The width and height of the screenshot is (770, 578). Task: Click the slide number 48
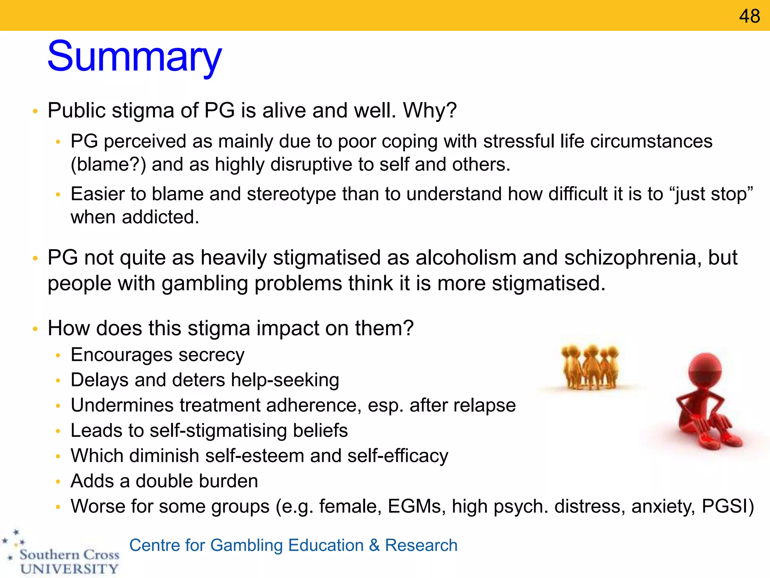point(749,16)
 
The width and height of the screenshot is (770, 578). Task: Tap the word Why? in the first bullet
point(430,111)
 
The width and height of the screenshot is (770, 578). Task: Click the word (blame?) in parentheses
point(108,165)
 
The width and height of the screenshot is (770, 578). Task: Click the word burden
point(228,481)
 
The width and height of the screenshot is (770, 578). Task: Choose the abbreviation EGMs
point(414,507)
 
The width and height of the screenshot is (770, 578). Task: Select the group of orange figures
point(589,367)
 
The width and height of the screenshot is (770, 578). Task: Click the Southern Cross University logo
point(62,555)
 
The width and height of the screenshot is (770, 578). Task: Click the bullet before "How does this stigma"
point(35,329)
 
